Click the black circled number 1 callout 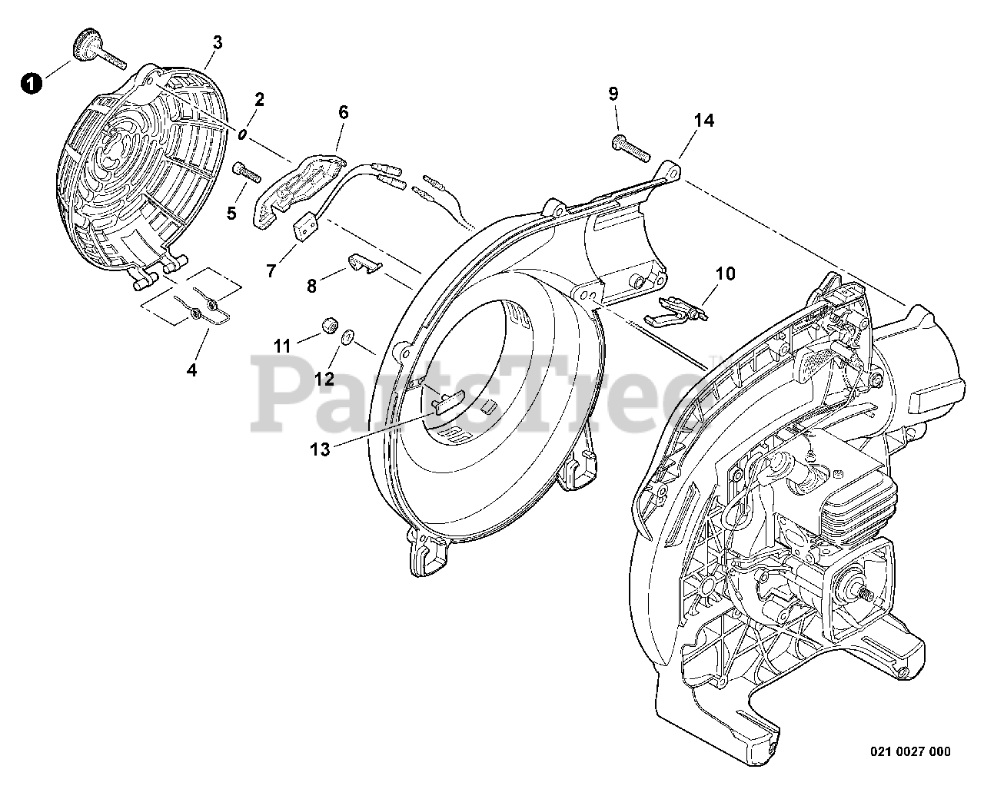point(30,83)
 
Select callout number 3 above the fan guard point(218,43)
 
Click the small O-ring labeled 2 point(241,134)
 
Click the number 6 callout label point(343,113)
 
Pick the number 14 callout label point(703,121)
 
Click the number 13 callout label point(320,449)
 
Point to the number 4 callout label point(191,370)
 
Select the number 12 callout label point(324,378)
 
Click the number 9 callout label point(613,94)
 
